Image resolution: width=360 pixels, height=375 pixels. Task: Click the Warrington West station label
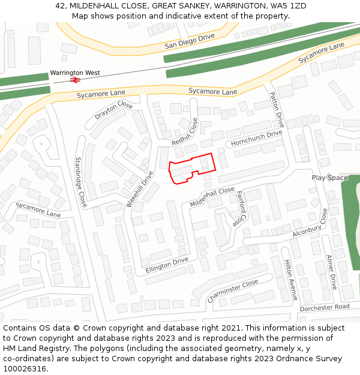point(75,73)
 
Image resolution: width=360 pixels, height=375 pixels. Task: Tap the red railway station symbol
point(76,80)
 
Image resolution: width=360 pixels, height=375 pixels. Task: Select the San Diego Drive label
point(190,41)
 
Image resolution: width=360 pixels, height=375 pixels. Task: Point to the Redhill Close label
point(185,131)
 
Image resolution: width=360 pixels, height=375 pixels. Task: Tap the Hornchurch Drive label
point(256,139)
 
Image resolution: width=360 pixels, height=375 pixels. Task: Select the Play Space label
point(329,178)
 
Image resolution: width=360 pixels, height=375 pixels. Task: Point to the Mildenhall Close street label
point(212,196)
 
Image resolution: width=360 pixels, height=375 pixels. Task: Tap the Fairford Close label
point(242,208)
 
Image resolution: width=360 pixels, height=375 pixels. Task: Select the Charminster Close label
point(232,290)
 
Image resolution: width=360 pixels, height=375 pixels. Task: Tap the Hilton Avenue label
point(290,280)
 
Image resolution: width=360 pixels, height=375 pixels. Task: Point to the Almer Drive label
point(331,272)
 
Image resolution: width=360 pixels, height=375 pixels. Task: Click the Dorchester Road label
point(324,307)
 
